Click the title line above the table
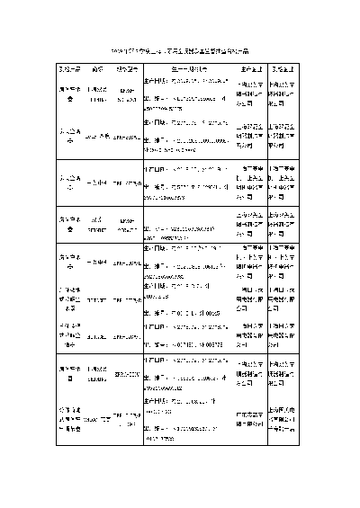tap(179, 50)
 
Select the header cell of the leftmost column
tap(71, 68)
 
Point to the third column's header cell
tap(127, 68)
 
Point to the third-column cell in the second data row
tap(127, 136)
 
